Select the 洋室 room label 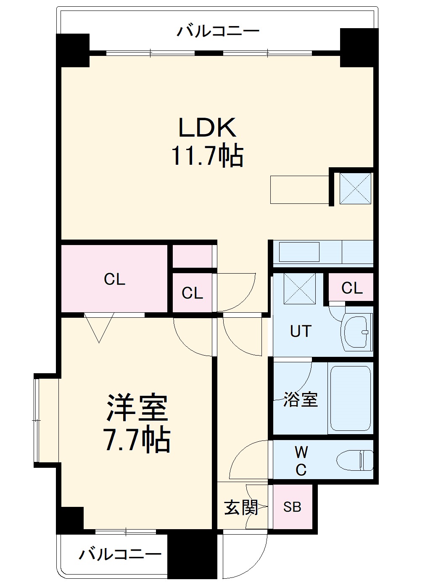[x=137, y=407]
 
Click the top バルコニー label [x=218, y=31]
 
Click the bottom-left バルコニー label [x=120, y=554]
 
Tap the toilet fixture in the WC [x=355, y=460]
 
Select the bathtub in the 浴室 [x=350, y=398]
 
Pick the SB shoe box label [x=292, y=507]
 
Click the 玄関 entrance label [x=240, y=507]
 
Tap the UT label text [x=301, y=332]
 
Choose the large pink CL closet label [x=114, y=279]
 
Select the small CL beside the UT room [x=352, y=288]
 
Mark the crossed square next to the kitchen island [x=355, y=188]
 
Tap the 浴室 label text [x=300, y=399]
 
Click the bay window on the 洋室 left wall [x=39, y=420]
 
